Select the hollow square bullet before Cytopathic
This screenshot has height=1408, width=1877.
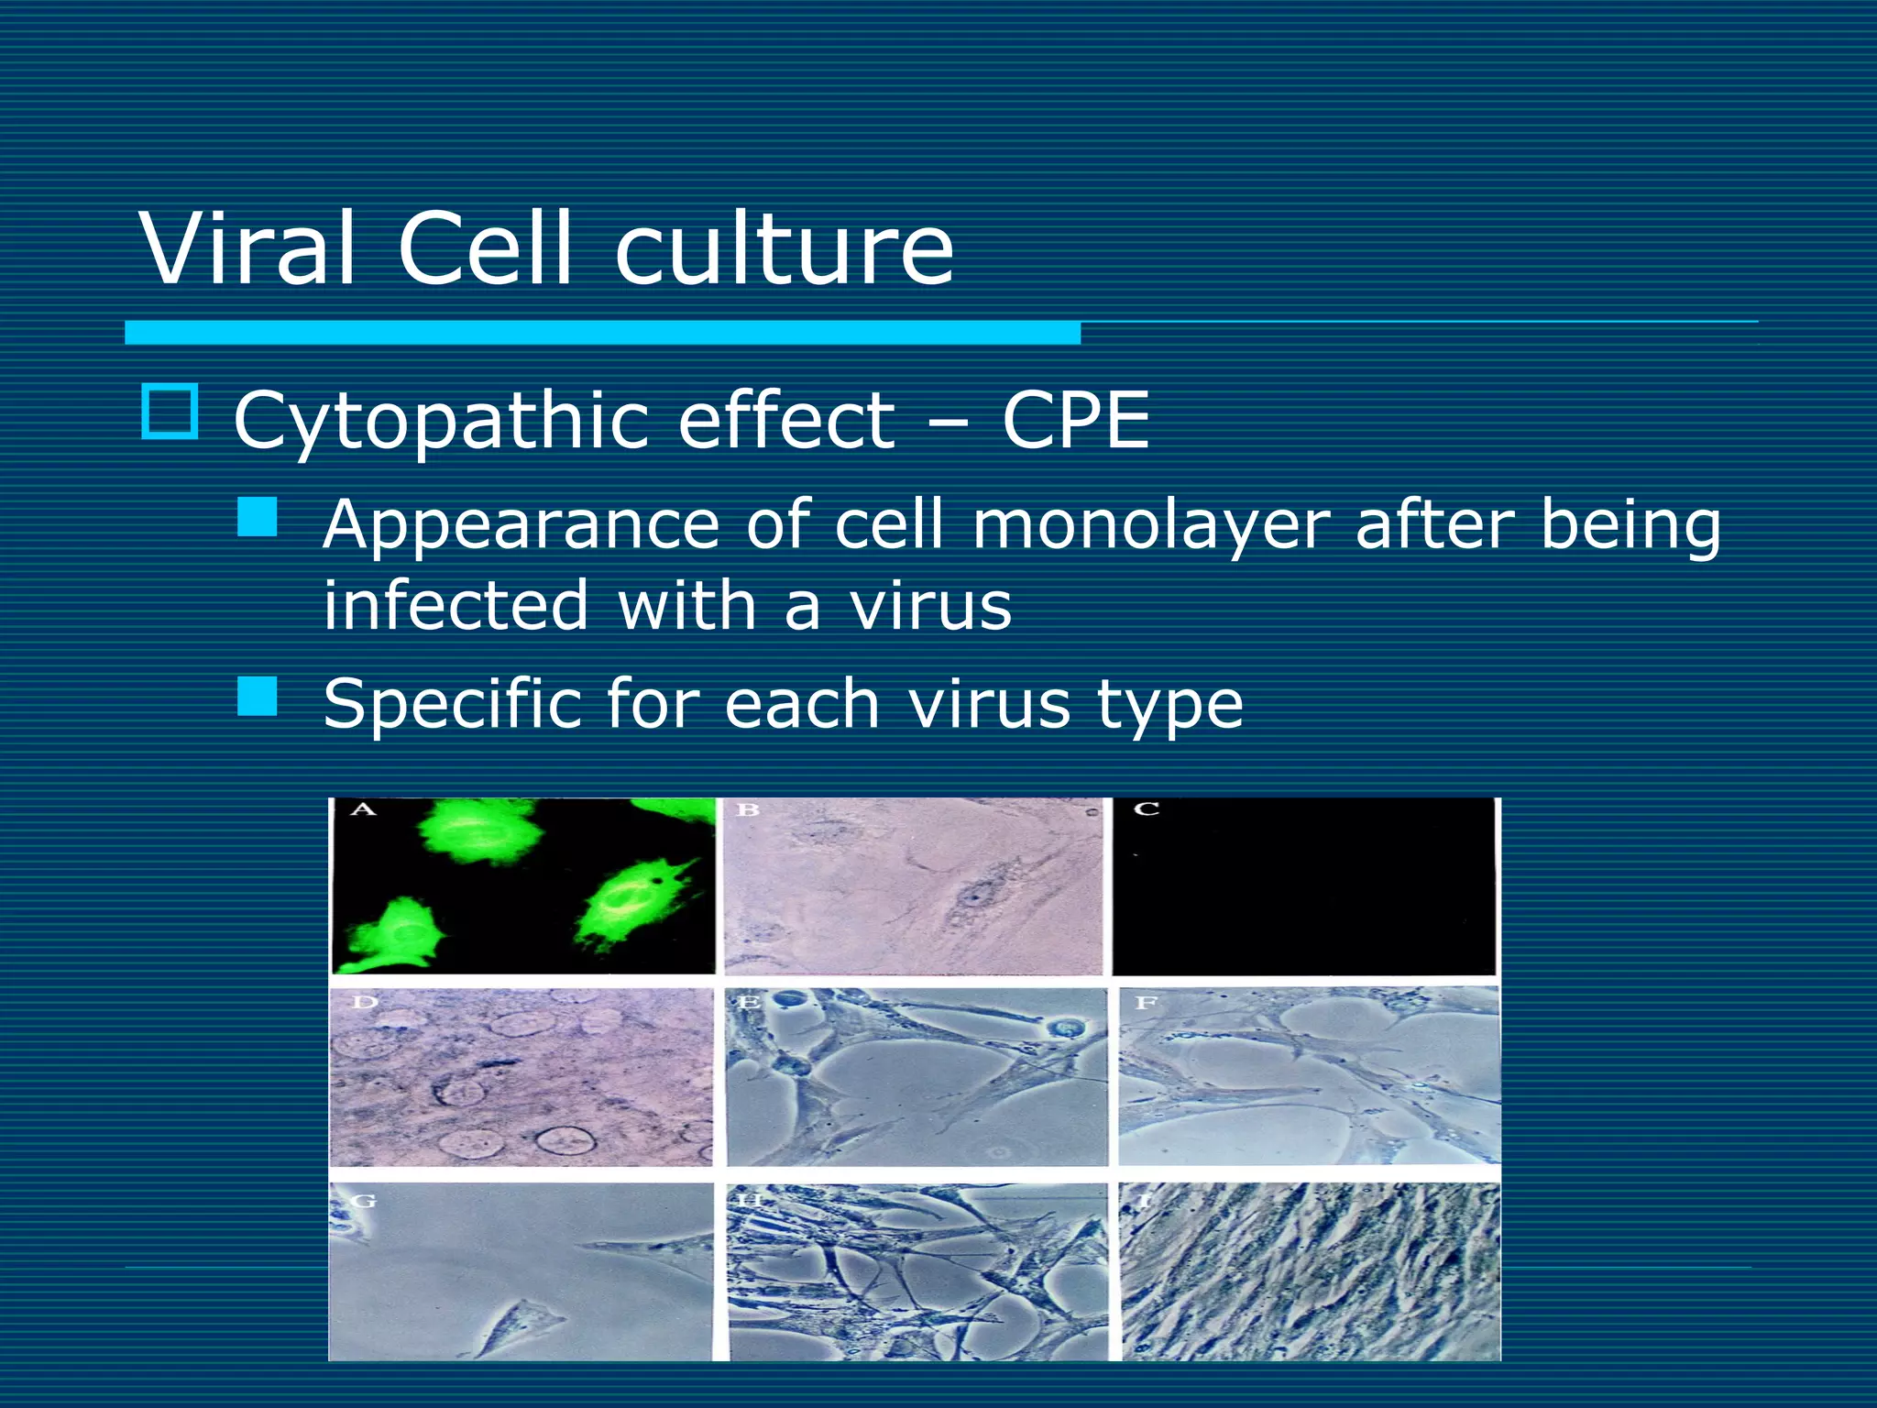point(170,412)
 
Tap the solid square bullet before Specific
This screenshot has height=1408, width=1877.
point(258,697)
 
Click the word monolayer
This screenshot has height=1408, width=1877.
point(1149,526)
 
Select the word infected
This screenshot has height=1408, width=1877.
point(456,606)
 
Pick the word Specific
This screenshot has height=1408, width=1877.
point(451,704)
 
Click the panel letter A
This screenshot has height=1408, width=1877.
point(363,809)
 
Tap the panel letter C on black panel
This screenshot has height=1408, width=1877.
point(1147,809)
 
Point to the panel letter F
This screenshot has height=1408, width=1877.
point(1145,1003)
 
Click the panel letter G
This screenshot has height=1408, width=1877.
point(364,1200)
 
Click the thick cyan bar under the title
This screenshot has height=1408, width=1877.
point(602,333)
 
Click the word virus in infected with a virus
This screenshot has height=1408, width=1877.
point(930,606)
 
